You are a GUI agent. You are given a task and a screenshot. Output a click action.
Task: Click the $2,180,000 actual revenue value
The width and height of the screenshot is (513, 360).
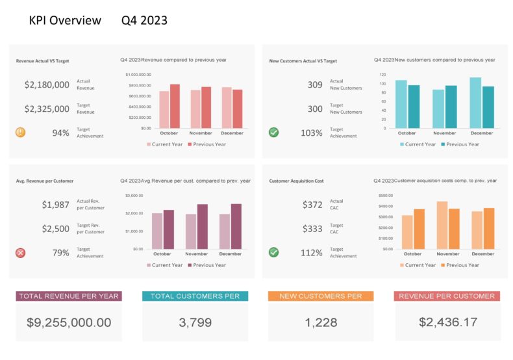point(47,84)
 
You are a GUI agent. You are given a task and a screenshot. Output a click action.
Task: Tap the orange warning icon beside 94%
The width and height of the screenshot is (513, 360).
point(21,133)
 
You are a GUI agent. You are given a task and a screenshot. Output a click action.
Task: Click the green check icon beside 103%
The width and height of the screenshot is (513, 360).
point(274,133)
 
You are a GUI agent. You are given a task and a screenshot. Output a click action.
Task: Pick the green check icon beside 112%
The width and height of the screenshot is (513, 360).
point(274,252)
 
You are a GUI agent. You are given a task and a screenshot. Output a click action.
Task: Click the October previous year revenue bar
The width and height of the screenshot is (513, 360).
point(175,106)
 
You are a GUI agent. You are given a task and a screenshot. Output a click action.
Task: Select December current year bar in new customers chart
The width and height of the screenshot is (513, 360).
point(476,103)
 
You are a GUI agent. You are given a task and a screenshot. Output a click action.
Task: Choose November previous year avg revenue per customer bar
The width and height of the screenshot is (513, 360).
point(203,227)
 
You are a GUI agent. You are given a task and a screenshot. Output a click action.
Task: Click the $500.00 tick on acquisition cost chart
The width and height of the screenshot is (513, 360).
point(386,196)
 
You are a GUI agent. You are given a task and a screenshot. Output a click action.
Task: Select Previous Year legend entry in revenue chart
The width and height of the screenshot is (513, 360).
point(206,144)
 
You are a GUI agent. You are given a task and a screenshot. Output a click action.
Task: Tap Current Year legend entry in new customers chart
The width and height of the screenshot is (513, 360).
point(418,144)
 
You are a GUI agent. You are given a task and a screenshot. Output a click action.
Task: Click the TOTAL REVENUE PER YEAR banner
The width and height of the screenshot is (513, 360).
point(69,296)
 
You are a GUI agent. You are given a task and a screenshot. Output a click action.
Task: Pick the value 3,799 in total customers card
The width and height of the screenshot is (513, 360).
point(195,322)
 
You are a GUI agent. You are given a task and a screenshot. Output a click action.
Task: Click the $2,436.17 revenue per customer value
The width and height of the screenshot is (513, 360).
point(447,322)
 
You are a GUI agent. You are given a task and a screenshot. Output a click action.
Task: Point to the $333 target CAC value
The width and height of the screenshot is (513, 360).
point(312,229)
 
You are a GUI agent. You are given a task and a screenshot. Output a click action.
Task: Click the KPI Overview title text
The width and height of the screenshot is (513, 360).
point(65,21)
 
